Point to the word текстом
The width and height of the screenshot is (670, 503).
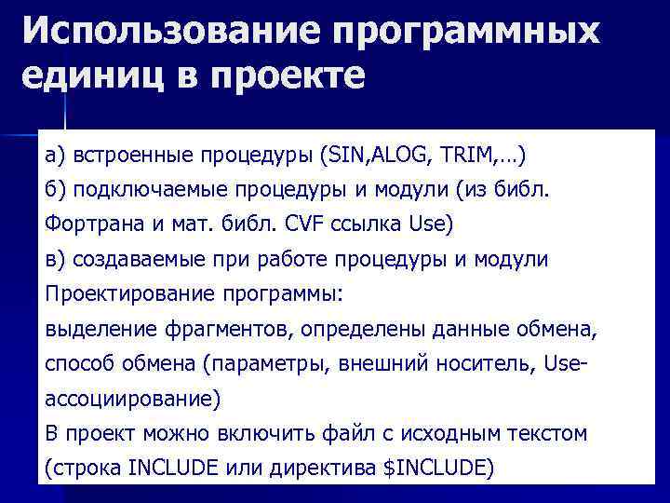coord(554,433)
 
